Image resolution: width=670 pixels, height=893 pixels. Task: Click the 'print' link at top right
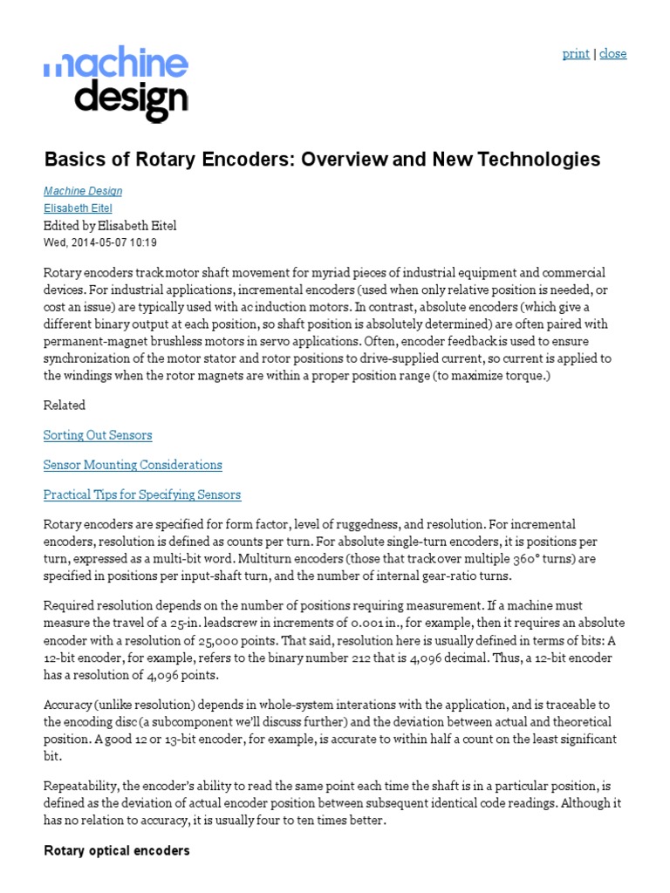pyautogui.click(x=575, y=53)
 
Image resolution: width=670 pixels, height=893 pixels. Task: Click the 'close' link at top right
pyautogui.click(x=612, y=53)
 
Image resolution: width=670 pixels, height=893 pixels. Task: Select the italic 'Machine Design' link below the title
pyautogui.click(x=83, y=191)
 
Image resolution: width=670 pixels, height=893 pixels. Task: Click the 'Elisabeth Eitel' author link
pyautogui.click(x=78, y=208)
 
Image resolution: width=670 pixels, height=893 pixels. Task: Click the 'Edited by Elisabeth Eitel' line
pyautogui.click(x=110, y=226)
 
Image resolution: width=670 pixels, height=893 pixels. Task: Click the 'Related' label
pyautogui.click(x=65, y=405)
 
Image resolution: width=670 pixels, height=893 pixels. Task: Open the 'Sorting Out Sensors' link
pyautogui.click(x=98, y=434)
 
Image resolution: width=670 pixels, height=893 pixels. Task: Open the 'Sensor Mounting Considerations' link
pyautogui.click(x=133, y=465)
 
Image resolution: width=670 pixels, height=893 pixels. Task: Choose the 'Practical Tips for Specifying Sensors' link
pyautogui.click(x=142, y=494)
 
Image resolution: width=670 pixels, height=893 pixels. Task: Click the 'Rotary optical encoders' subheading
pyautogui.click(x=116, y=850)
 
